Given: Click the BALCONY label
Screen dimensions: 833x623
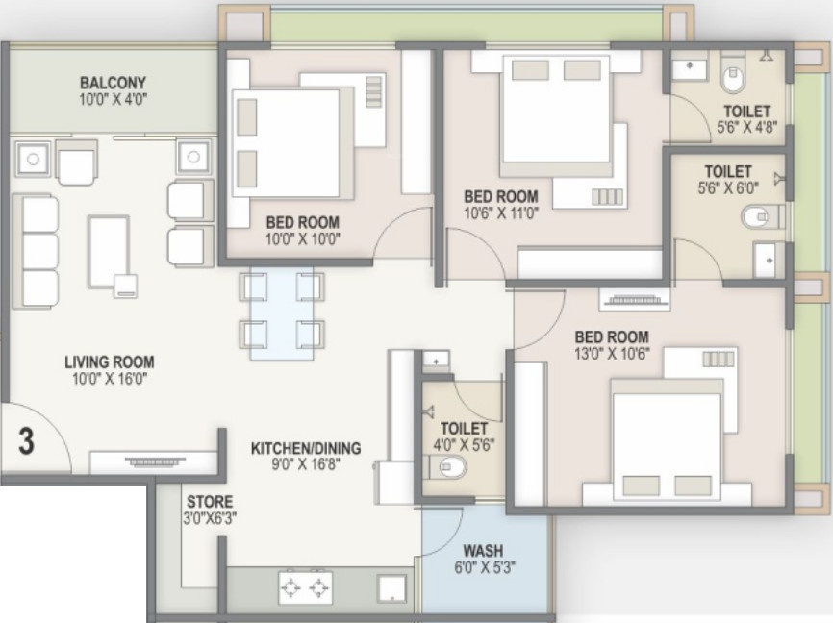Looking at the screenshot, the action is click(113, 83).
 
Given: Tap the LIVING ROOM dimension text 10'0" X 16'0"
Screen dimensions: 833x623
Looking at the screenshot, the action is click(110, 379).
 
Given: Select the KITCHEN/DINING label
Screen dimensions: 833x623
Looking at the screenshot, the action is click(306, 448).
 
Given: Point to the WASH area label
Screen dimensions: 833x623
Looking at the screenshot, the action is click(483, 550).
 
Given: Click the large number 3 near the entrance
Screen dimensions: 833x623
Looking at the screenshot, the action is click(26, 441).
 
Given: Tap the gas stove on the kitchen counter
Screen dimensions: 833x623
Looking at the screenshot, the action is click(306, 587).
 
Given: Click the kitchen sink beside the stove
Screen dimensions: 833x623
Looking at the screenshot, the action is click(391, 589).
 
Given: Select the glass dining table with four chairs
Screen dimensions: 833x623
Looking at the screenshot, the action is click(282, 313).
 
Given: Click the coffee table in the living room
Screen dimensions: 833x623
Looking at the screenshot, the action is click(109, 251).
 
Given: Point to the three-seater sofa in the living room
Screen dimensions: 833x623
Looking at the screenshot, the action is click(35, 251).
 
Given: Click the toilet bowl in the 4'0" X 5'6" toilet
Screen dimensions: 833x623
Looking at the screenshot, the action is click(448, 467).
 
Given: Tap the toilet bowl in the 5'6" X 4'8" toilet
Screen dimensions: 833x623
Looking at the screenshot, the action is click(732, 78).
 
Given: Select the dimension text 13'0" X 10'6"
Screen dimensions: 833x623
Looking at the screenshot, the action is click(612, 354).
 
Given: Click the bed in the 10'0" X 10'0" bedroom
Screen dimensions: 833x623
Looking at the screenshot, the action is click(287, 143).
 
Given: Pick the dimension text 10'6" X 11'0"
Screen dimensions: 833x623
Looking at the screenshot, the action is click(501, 213).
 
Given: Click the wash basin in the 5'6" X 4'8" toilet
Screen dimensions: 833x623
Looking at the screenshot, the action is click(689, 68).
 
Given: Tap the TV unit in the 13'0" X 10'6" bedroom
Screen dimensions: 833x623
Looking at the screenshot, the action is click(635, 300).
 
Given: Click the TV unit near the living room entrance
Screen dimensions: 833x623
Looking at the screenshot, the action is click(154, 461).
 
